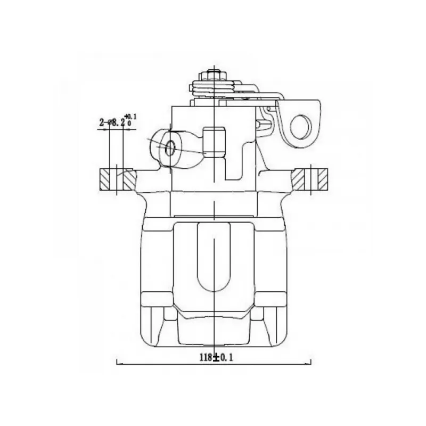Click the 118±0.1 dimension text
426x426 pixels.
point(217,357)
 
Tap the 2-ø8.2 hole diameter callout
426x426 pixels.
point(112,123)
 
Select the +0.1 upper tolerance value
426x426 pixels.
point(131,117)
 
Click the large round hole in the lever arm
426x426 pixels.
point(301,127)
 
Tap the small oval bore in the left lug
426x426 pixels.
point(170,149)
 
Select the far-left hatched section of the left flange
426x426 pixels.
point(104,179)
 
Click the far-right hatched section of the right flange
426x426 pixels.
point(323,179)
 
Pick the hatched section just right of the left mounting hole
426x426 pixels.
point(129,179)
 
